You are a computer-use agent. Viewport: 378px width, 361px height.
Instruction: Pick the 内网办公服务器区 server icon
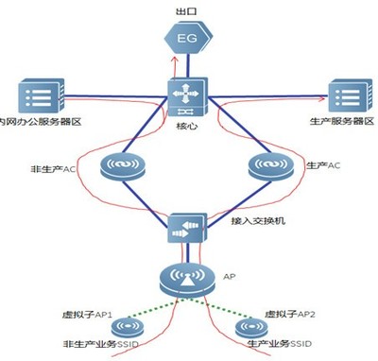click(x=37, y=96)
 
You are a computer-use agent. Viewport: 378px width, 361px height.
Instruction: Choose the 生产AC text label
click(x=322, y=166)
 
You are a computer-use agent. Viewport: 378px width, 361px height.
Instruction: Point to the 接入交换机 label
click(x=254, y=225)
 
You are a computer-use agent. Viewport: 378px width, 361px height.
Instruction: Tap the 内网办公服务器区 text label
click(x=41, y=124)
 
